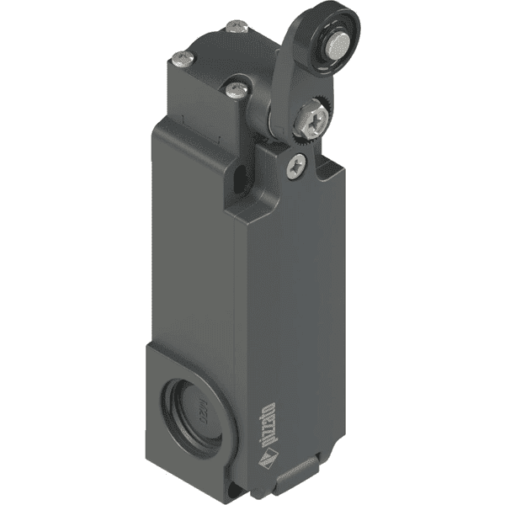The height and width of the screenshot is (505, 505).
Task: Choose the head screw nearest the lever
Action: tap(237, 87)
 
